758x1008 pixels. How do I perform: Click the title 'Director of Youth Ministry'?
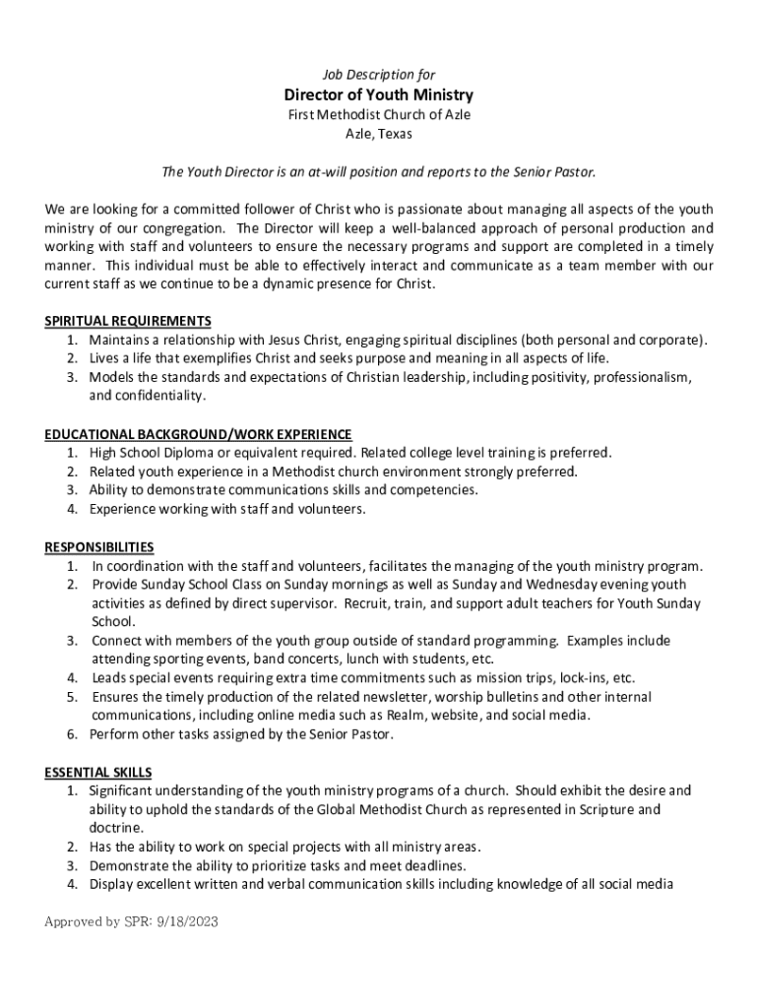pyautogui.click(x=379, y=95)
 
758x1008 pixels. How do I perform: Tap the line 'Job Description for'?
pyautogui.click(x=379, y=75)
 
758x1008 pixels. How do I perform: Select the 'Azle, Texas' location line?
pyautogui.click(x=379, y=134)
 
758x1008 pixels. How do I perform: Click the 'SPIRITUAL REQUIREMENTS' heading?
pyautogui.click(x=128, y=321)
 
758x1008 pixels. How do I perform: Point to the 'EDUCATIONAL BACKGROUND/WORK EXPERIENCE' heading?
pyautogui.click(x=198, y=434)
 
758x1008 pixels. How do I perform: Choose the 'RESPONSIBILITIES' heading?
pyautogui.click(x=99, y=547)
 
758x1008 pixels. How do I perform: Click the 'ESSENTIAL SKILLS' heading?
pyautogui.click(x=98, y=772)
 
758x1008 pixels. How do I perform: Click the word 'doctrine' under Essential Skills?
pyautogui.click(x=115, y=828)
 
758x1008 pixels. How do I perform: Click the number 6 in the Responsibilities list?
pyautogui.click(x=73, y=734)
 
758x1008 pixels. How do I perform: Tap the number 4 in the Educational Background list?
pyautogui.click(x=73, y=509)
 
